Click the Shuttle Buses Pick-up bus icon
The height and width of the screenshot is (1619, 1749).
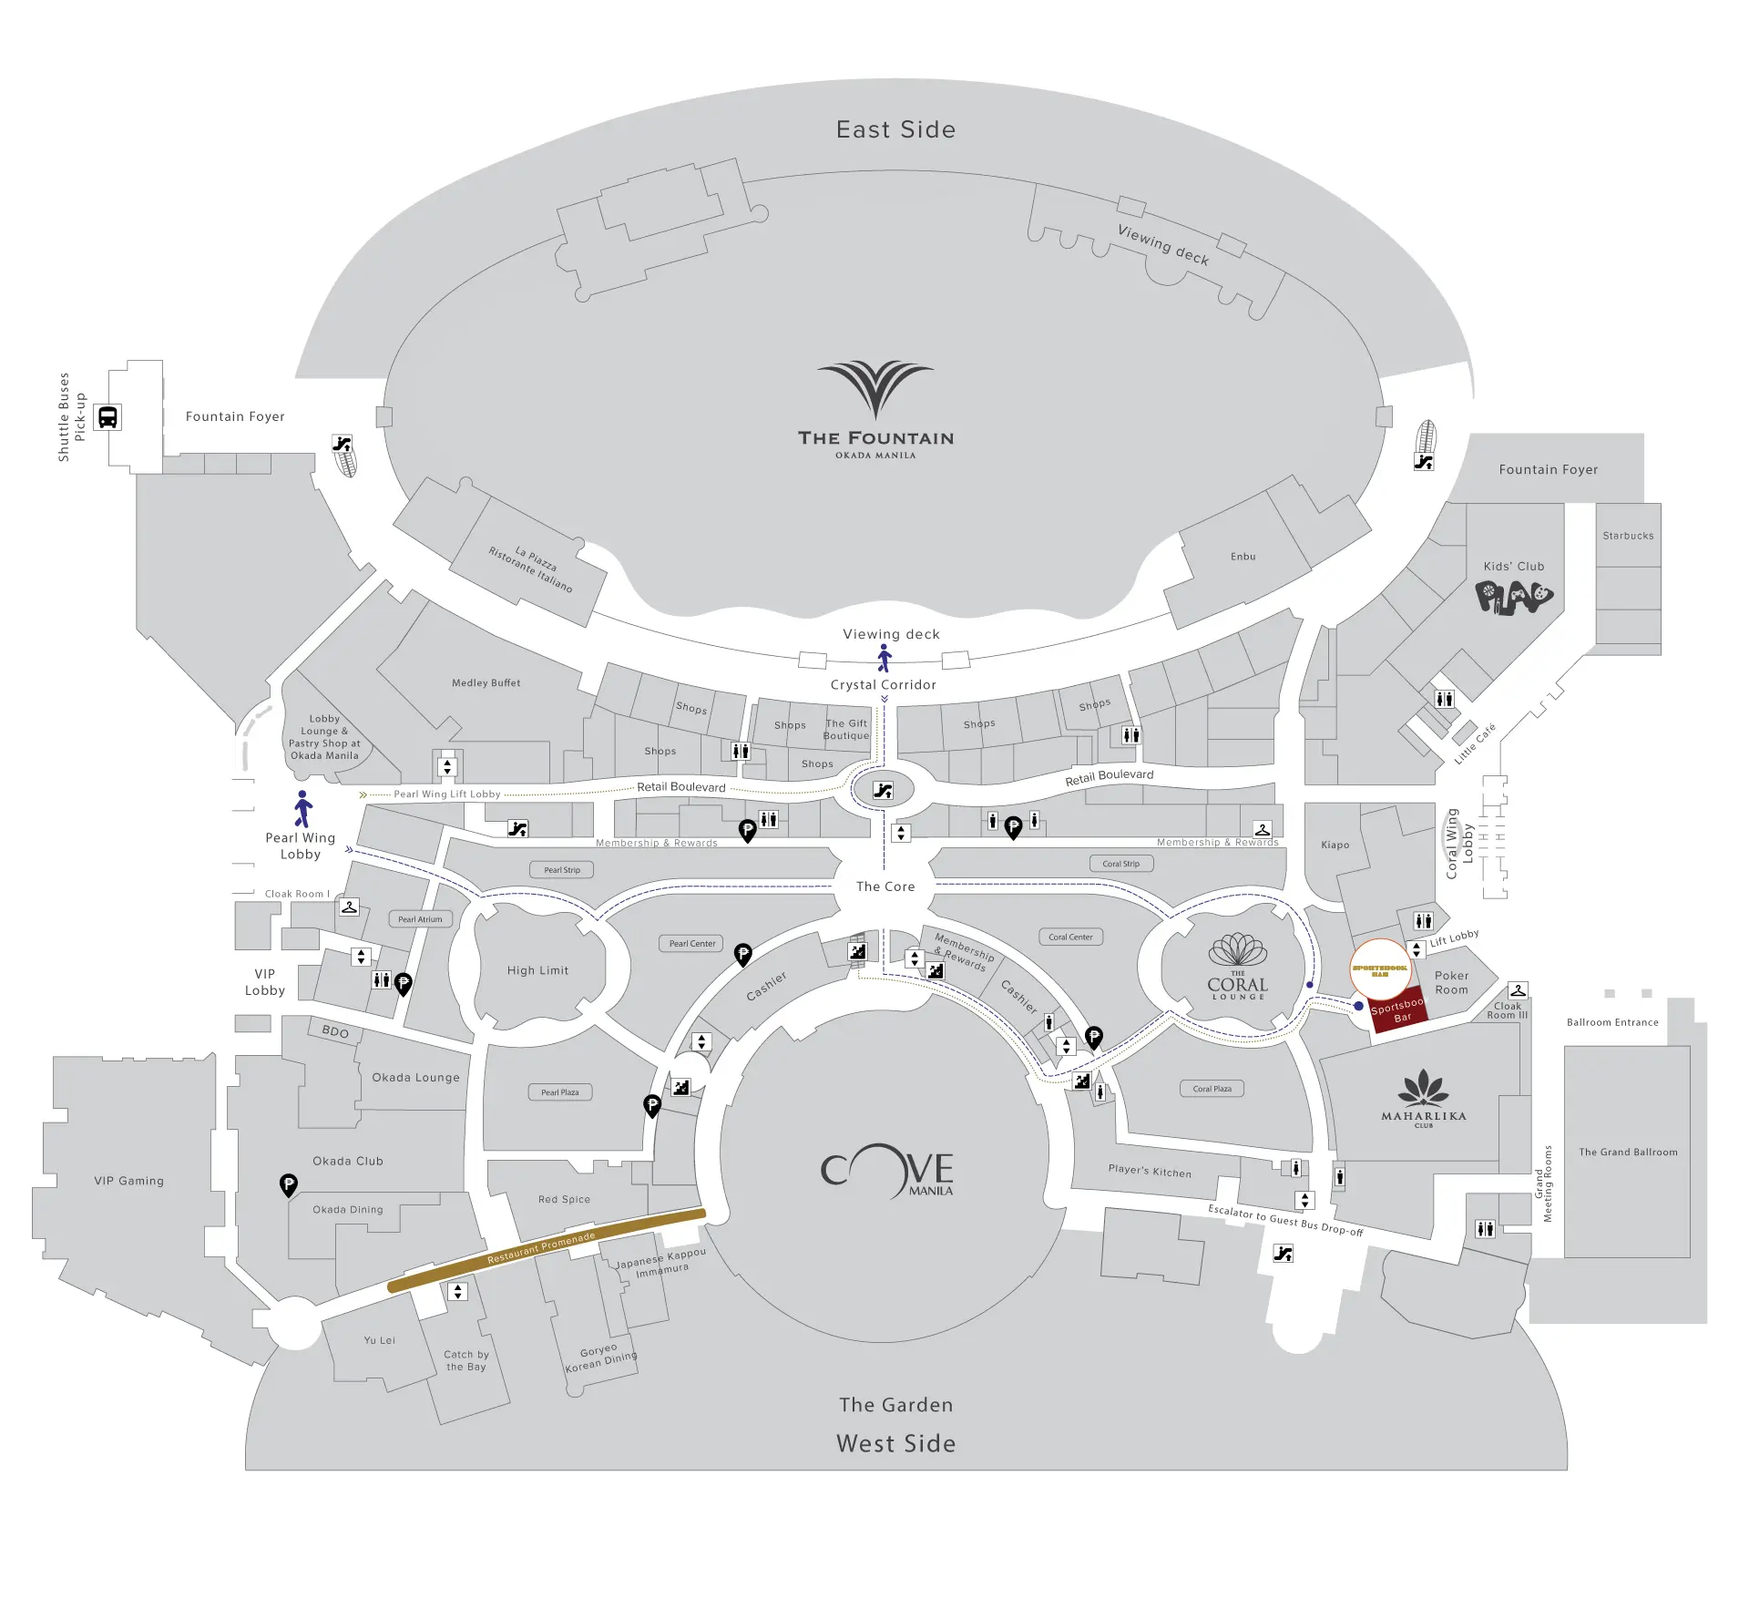point(107,417)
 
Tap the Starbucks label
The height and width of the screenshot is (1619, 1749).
point(1628,536)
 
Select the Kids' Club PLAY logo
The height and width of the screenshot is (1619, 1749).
point(1513,598)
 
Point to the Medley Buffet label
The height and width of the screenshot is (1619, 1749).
point(486,682)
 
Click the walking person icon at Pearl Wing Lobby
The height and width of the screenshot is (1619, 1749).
point(303,809)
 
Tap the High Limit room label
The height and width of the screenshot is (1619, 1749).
point(537,970)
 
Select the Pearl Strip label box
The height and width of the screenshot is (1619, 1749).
point(562,870)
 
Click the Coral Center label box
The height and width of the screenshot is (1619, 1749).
point(1070,937)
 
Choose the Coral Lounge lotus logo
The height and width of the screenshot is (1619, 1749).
point(1237,950)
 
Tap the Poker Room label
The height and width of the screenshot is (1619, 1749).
point(1451,982)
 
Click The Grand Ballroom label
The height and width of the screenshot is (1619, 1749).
point(1628,1152)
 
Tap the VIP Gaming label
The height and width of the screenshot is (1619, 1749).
point(129,1181)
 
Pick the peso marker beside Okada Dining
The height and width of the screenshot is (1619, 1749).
point(288,1184)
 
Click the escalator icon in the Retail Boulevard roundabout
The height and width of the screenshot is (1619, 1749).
point(883,791)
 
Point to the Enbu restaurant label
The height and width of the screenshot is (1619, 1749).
point(1243,557)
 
